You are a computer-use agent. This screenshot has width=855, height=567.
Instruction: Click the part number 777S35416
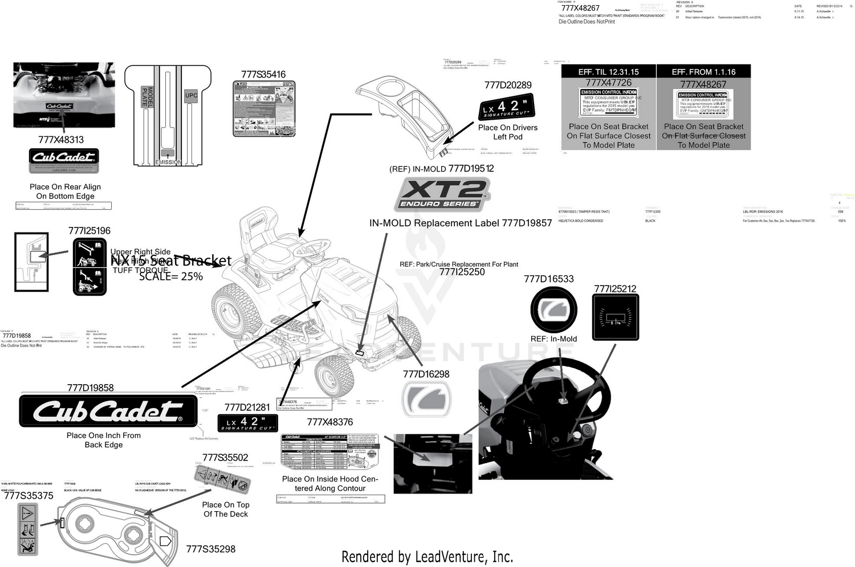[x=263, y=75]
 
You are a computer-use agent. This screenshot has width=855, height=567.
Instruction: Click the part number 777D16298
[x=426, y=374]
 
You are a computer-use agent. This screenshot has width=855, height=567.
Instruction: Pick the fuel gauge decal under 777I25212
[x=615, y=317]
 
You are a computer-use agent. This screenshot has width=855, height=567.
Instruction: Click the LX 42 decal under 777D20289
[x=506, y=107]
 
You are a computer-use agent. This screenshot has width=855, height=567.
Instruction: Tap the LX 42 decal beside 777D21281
[x=248, y=423]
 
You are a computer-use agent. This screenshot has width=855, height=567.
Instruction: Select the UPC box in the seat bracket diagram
[x=191, y=96]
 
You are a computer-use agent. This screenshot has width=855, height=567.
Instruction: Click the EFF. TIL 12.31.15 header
[x=608, y=72]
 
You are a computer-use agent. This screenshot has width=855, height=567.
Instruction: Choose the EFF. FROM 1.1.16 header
[x=703, y=72]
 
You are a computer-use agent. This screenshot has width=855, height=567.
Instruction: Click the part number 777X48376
[x=330, y=422]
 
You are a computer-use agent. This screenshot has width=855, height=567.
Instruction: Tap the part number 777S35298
[x=210, y=549]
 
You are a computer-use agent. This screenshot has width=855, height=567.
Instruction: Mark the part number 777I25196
[x=89, y=231]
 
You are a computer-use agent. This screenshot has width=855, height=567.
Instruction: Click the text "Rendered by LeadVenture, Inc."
[x=427, y=557]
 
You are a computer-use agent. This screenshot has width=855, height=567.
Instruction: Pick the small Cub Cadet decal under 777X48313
[x=64, y=160]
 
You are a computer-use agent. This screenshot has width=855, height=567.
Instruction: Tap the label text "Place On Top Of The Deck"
[x=226, y=509]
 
